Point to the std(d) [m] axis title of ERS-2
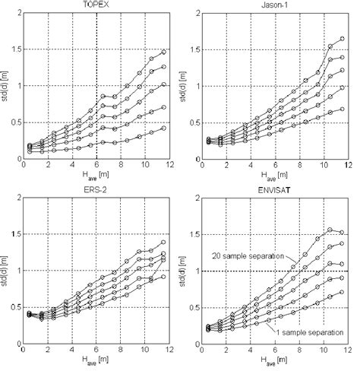pos(6,270)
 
